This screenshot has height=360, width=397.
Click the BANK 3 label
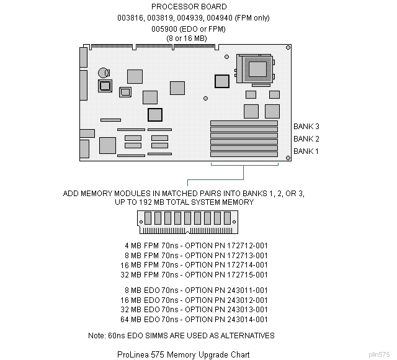click(x=306, y=127)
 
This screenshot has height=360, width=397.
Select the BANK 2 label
click(x=306, y=139)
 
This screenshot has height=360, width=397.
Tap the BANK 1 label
click(x=306, y=151)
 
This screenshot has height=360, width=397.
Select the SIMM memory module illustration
click(x=185, y=220)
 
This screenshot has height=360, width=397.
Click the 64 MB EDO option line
click(x=196, y=320)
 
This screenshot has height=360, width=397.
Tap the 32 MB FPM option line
click(x=196, y=275)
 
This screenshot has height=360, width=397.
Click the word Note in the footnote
click(x=97, y=336)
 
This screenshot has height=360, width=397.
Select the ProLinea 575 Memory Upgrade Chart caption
click(x=183, y=355)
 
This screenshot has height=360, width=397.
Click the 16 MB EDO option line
click(x=196, y=300)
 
